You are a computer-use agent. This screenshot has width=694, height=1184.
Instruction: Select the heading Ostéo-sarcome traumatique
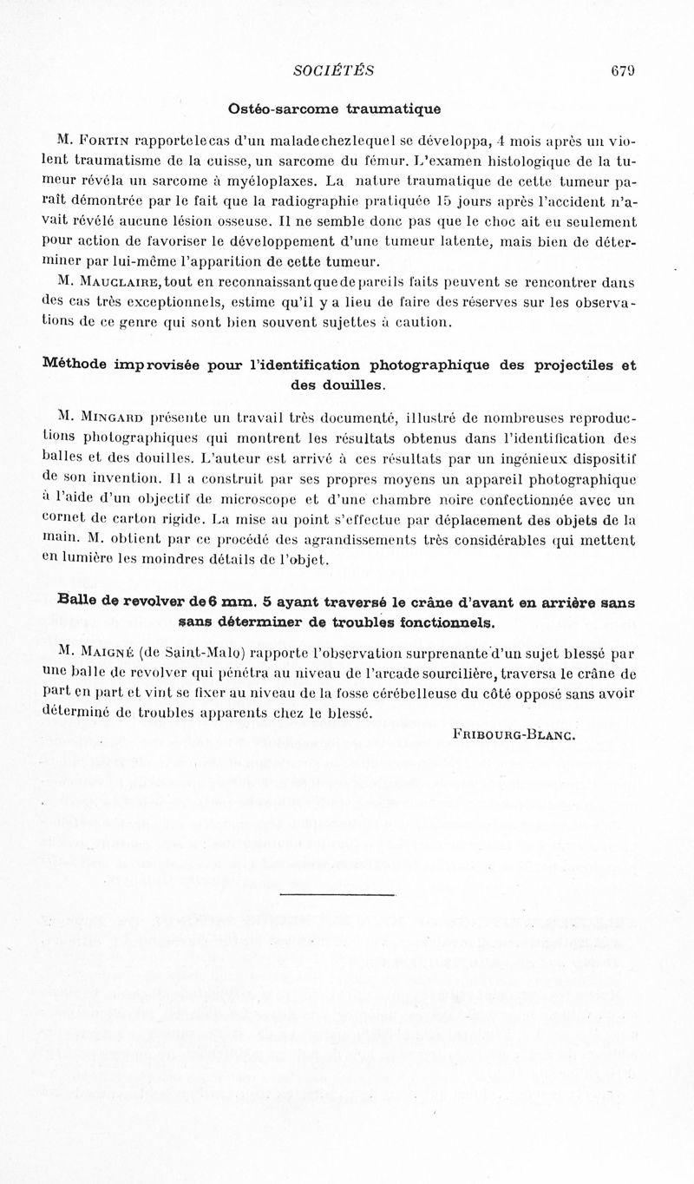(x=334, y=109)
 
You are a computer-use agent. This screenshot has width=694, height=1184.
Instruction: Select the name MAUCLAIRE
(x=120, y=281)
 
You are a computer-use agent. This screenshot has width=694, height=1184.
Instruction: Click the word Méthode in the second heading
(x=75, y=365)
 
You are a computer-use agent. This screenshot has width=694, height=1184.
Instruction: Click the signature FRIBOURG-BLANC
(x=514, y=733)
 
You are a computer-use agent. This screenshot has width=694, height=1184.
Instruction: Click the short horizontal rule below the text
(x=337, y=894)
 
